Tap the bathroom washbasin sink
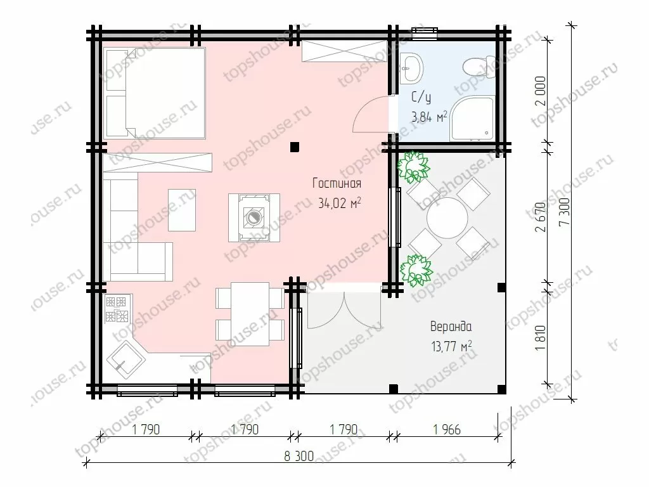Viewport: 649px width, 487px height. [411, 67]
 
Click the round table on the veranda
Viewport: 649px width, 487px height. [447, 218]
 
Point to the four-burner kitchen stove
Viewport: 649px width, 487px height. [117, 309]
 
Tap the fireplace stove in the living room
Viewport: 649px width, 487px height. [254, 218]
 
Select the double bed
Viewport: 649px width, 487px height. [155, 93]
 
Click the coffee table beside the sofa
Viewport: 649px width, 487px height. [182, 209]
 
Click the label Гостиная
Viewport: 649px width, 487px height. [337, 183]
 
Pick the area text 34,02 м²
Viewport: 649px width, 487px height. [340, 203]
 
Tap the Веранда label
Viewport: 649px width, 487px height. [451, 327]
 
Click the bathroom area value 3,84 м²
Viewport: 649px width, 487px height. [429, 117]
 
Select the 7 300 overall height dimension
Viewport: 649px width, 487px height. [564, 212]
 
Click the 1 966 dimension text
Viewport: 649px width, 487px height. [447, 429]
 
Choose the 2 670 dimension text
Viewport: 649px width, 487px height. [541, 217]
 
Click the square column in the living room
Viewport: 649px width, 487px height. [294, 146]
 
